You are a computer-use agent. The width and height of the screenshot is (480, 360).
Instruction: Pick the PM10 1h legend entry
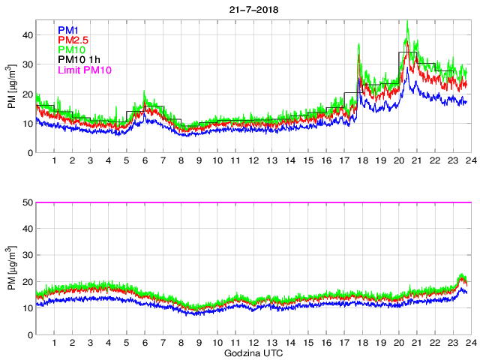point(79,61)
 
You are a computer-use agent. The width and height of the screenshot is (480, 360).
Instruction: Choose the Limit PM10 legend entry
point(85,70)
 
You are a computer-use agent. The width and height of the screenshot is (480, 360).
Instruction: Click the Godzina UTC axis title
point(251,352)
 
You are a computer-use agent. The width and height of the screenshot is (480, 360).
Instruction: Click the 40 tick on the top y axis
point(28,34)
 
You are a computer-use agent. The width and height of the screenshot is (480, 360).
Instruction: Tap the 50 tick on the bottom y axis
point(28,202)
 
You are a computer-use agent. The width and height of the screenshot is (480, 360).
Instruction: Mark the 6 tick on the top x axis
point(144,161)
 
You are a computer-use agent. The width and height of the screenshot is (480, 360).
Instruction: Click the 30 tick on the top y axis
point(28,64)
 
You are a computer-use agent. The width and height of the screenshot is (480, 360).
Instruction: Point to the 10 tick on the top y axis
point(28,123)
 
